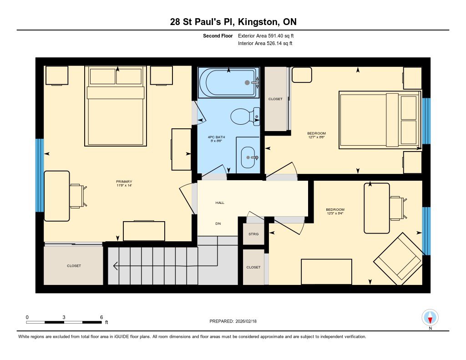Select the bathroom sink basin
pyautogui.click(x=248, y=157)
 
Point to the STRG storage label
pyautogui.click(x=253, y=234)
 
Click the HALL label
pyautogui.click(x=220, y=203)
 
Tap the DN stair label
pyautogui.click(x=218, y=223)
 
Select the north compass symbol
pyautogui.click(x=430, y=317)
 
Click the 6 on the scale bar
pyautogui.click(x=101, y=317)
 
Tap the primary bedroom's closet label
pyautogui.click(x=74, y=266)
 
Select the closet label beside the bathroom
pyautogui.click(x=275, y=99)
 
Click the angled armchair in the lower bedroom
pyautogui.click(x=397, y=257)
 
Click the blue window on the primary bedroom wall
pyautogui.click(x=40, y=175)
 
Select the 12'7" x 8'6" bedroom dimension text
pyautogui.click(x=316, y=137)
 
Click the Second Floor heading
pyautogui.click(x=218, y=35)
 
